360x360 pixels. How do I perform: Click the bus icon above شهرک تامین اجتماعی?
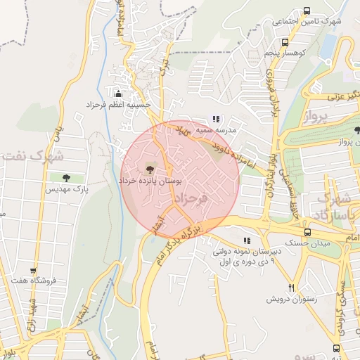click(307, 11)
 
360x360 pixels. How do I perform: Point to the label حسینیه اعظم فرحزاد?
click(128, 105)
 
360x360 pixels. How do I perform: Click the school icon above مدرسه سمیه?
click(217, 120)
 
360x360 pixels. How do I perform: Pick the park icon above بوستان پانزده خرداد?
click(148, 168)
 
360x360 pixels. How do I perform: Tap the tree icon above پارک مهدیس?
click(66, 178)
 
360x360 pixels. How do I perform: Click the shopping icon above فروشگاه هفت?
click(32, 270)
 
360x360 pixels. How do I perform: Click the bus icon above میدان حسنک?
click(307, 232)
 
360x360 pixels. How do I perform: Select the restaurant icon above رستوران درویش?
click(291, 288)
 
